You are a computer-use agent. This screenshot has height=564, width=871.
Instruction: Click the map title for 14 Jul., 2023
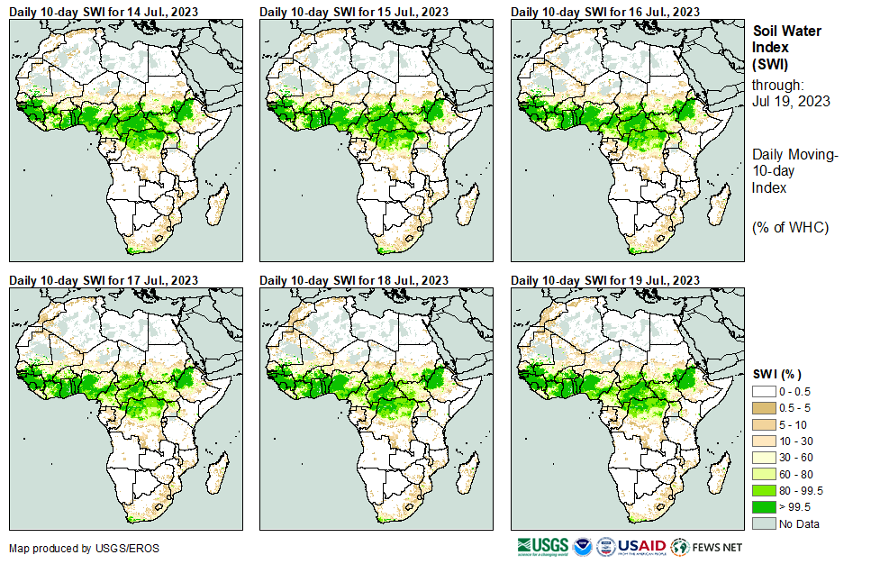[104, 12]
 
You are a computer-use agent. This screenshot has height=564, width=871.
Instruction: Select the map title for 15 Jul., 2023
[354, 12]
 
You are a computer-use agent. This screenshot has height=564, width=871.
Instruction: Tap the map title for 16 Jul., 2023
[605, 12]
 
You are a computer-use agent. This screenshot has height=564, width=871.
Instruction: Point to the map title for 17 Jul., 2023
[104, 281]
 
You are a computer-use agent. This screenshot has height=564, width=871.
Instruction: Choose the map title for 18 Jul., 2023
[354, 281]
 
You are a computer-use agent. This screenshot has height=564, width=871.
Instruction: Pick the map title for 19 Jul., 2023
[605, 281]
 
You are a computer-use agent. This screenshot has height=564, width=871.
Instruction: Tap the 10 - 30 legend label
[797, 441]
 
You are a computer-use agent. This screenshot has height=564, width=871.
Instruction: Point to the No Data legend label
[801, 523]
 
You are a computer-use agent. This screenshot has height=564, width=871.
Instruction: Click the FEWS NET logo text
[720, 547]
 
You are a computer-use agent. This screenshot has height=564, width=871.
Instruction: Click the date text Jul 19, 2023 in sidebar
[789, 101]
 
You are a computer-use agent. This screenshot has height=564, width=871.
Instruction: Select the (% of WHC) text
[790, 227]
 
